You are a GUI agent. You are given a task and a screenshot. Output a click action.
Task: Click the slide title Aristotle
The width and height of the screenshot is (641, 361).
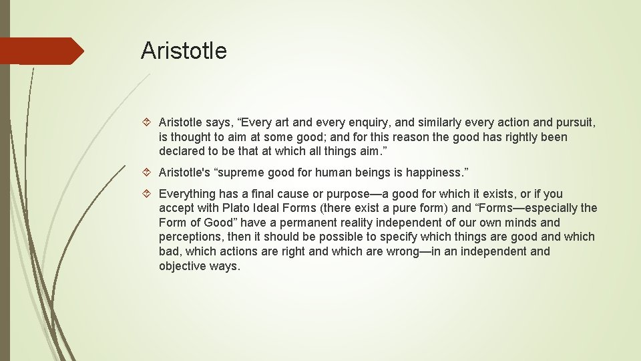point(184,51)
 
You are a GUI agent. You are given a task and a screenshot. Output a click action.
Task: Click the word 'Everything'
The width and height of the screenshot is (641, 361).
point(187,194)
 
